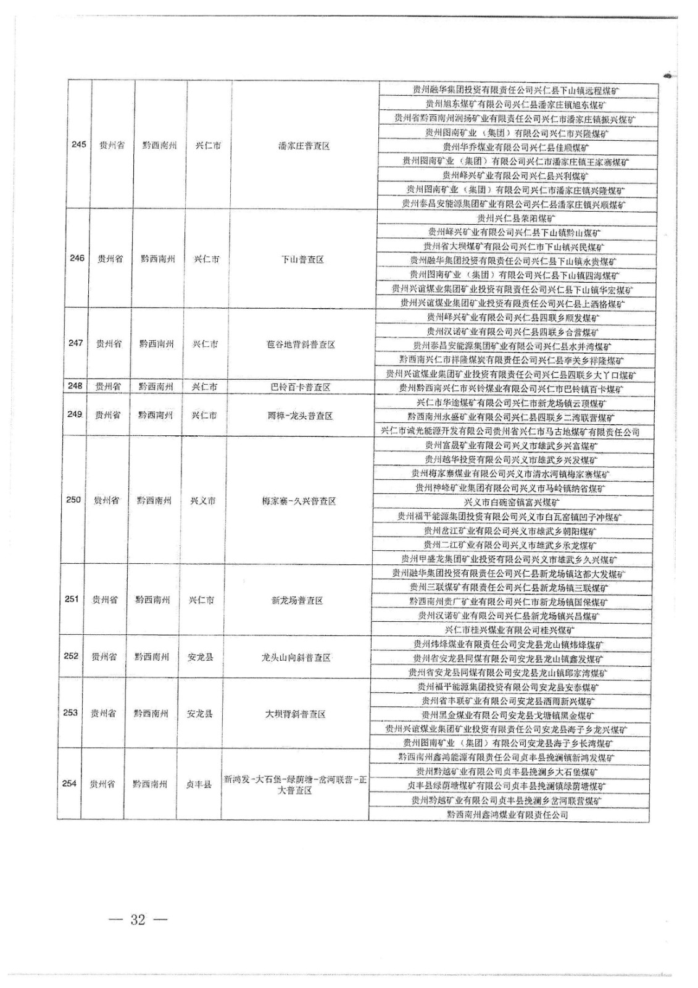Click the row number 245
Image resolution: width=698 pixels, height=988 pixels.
pyautogui.click(x=78, y=144)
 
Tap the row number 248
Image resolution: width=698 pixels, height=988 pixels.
pyautogui.click(x=75, y=386)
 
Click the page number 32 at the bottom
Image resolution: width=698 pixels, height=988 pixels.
pyautogui.click(x=138, y=919)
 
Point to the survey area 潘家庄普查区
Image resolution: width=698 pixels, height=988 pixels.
pyautogui.click(x=304, y=146)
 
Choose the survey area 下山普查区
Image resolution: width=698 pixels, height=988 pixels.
pyautogui.click(x=302, y=259)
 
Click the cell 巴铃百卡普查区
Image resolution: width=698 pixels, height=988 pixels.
pyautogui.click(x=301, y=387)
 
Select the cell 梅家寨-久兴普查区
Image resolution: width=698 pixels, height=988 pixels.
pyautogui.click(x=299, y=501)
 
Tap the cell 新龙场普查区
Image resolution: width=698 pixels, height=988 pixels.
pyautogui.click(x=297, y=600)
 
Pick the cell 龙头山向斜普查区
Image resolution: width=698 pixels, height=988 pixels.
pyautogui.click(x=296, y=658)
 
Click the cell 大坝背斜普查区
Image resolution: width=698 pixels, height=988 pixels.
pyautogui.click(x=295, y=714)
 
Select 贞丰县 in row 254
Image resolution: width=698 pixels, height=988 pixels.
pyautogui.click(x=199, y=784)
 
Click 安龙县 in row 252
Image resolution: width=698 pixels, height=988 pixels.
pyautogui.click(x=201, y=657)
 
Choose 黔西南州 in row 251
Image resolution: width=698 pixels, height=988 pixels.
pyautogui.click(x=153, y=600)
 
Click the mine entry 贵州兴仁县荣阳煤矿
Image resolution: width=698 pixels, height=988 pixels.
pyautogui.click(x=517, y=218)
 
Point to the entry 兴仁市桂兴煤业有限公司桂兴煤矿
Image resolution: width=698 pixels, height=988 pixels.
pyautogui.click(x=510, y=630)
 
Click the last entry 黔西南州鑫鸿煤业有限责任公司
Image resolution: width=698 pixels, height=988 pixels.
pyautogui.click(x=507, y=815)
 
